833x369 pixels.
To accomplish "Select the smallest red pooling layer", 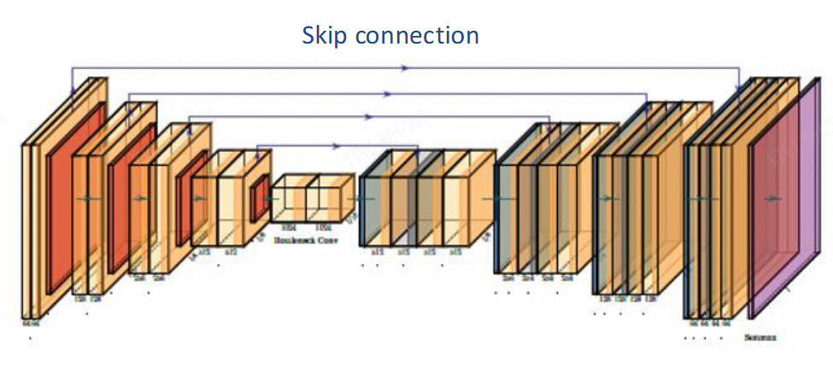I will tap(259, 198).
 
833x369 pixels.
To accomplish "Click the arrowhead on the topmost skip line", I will tap(405, 67).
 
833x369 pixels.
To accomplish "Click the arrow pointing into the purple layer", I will tap(775, 198).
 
